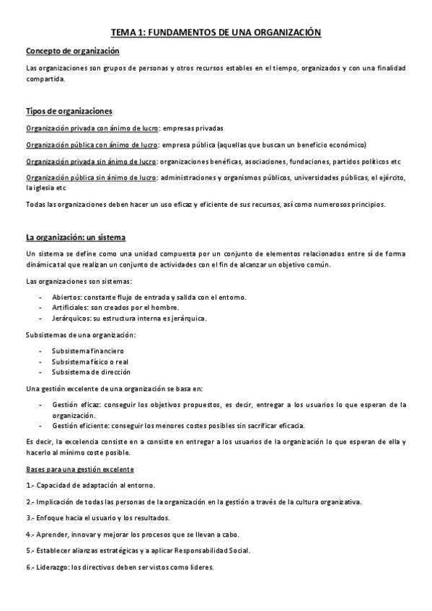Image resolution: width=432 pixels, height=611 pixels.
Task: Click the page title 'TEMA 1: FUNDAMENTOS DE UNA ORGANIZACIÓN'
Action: (216, 32)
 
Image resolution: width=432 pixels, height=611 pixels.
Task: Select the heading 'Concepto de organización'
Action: (72, 51)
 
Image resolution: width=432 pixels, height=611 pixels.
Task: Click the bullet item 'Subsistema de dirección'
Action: (91, 372)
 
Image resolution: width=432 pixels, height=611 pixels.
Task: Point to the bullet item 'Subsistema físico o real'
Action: (89, 362)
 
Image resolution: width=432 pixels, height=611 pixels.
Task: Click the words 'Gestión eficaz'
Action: (76, 405)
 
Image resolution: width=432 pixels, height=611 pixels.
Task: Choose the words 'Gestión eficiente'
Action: (79, 425)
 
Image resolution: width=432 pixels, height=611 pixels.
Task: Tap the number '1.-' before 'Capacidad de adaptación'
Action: (30, 486)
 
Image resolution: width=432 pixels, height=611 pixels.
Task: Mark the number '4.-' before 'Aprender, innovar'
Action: (30, 535)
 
